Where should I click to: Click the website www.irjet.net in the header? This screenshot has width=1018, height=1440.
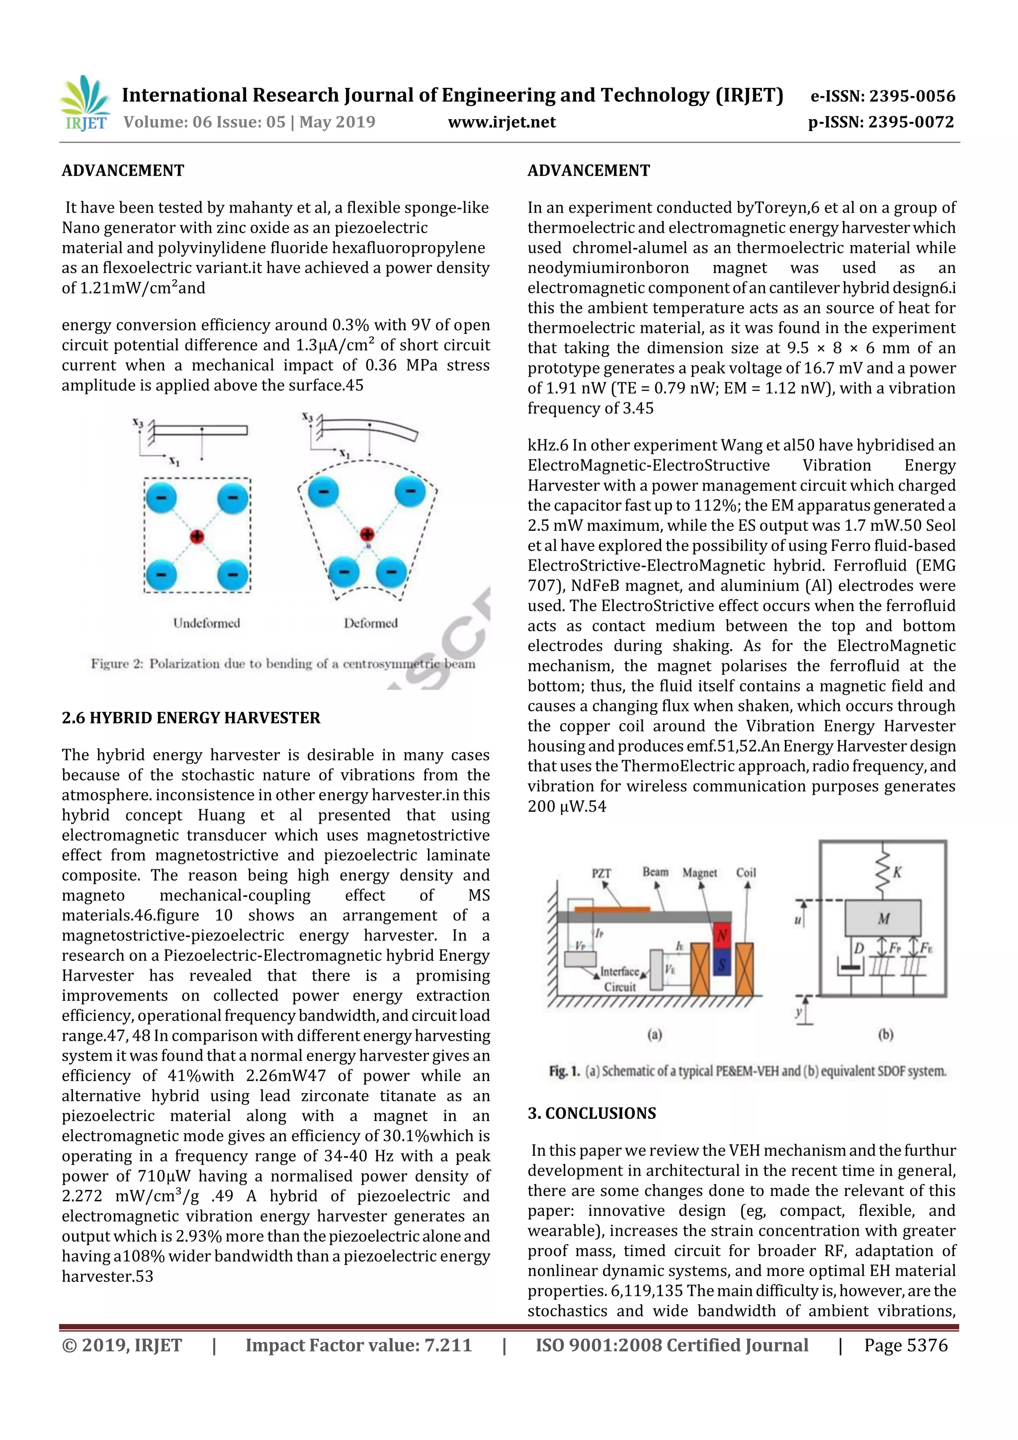(501, 122)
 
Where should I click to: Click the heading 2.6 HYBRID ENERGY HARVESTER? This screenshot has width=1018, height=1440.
(191, 717)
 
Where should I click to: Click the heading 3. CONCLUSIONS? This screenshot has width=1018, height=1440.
(592, 1113)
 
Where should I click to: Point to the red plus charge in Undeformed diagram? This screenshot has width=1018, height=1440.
(197, 536)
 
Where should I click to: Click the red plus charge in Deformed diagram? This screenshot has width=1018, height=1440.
(367, 534)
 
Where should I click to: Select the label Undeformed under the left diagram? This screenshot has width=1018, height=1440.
(206, 623)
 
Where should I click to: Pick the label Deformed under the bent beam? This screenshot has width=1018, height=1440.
(370, 623)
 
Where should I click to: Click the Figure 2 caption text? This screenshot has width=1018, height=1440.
(283, 664)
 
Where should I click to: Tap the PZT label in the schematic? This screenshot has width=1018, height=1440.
(601, 873)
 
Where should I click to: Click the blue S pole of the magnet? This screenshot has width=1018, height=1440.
(721, 965)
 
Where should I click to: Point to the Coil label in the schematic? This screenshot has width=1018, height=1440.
(746, 872)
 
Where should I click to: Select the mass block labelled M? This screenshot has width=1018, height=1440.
(883, 918)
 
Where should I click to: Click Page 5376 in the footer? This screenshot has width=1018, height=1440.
(905, 1345)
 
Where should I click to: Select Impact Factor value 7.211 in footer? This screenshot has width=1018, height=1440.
(358, 1345)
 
